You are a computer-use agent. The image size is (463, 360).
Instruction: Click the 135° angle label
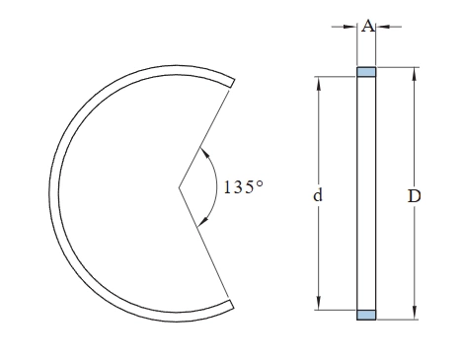(x=244, y=187)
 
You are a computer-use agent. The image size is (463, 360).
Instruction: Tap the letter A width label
(x=368, y=26)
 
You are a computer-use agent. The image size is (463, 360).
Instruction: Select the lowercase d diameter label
(x=318, y=195)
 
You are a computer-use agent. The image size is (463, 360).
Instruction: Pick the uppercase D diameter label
(x=415, y=196)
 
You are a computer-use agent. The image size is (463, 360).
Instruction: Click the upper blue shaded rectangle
(x=366, y=72)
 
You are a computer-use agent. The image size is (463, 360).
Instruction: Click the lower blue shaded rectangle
(x=366, y=315)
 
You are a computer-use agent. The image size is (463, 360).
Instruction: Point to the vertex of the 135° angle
(x=179, y=187)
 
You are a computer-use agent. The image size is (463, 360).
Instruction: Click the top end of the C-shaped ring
(x=232, y=83)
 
